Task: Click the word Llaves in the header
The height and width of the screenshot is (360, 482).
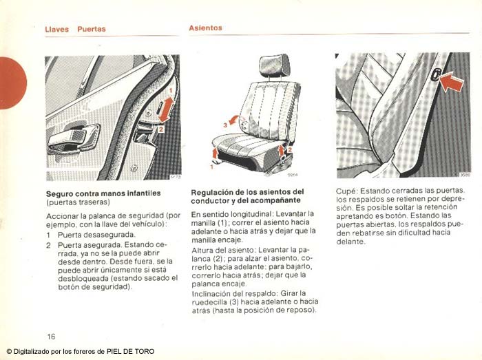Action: (x=56, y=30)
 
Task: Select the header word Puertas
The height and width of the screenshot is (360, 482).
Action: (x=92, y=30)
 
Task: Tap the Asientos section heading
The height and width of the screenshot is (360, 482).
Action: (x=206, y=28)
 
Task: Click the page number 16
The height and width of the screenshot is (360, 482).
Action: (x=52, y=337)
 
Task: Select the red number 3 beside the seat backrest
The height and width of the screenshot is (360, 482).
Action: (x=224, y=125)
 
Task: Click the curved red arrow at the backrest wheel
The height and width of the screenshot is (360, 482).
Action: (x=234, y=120)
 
